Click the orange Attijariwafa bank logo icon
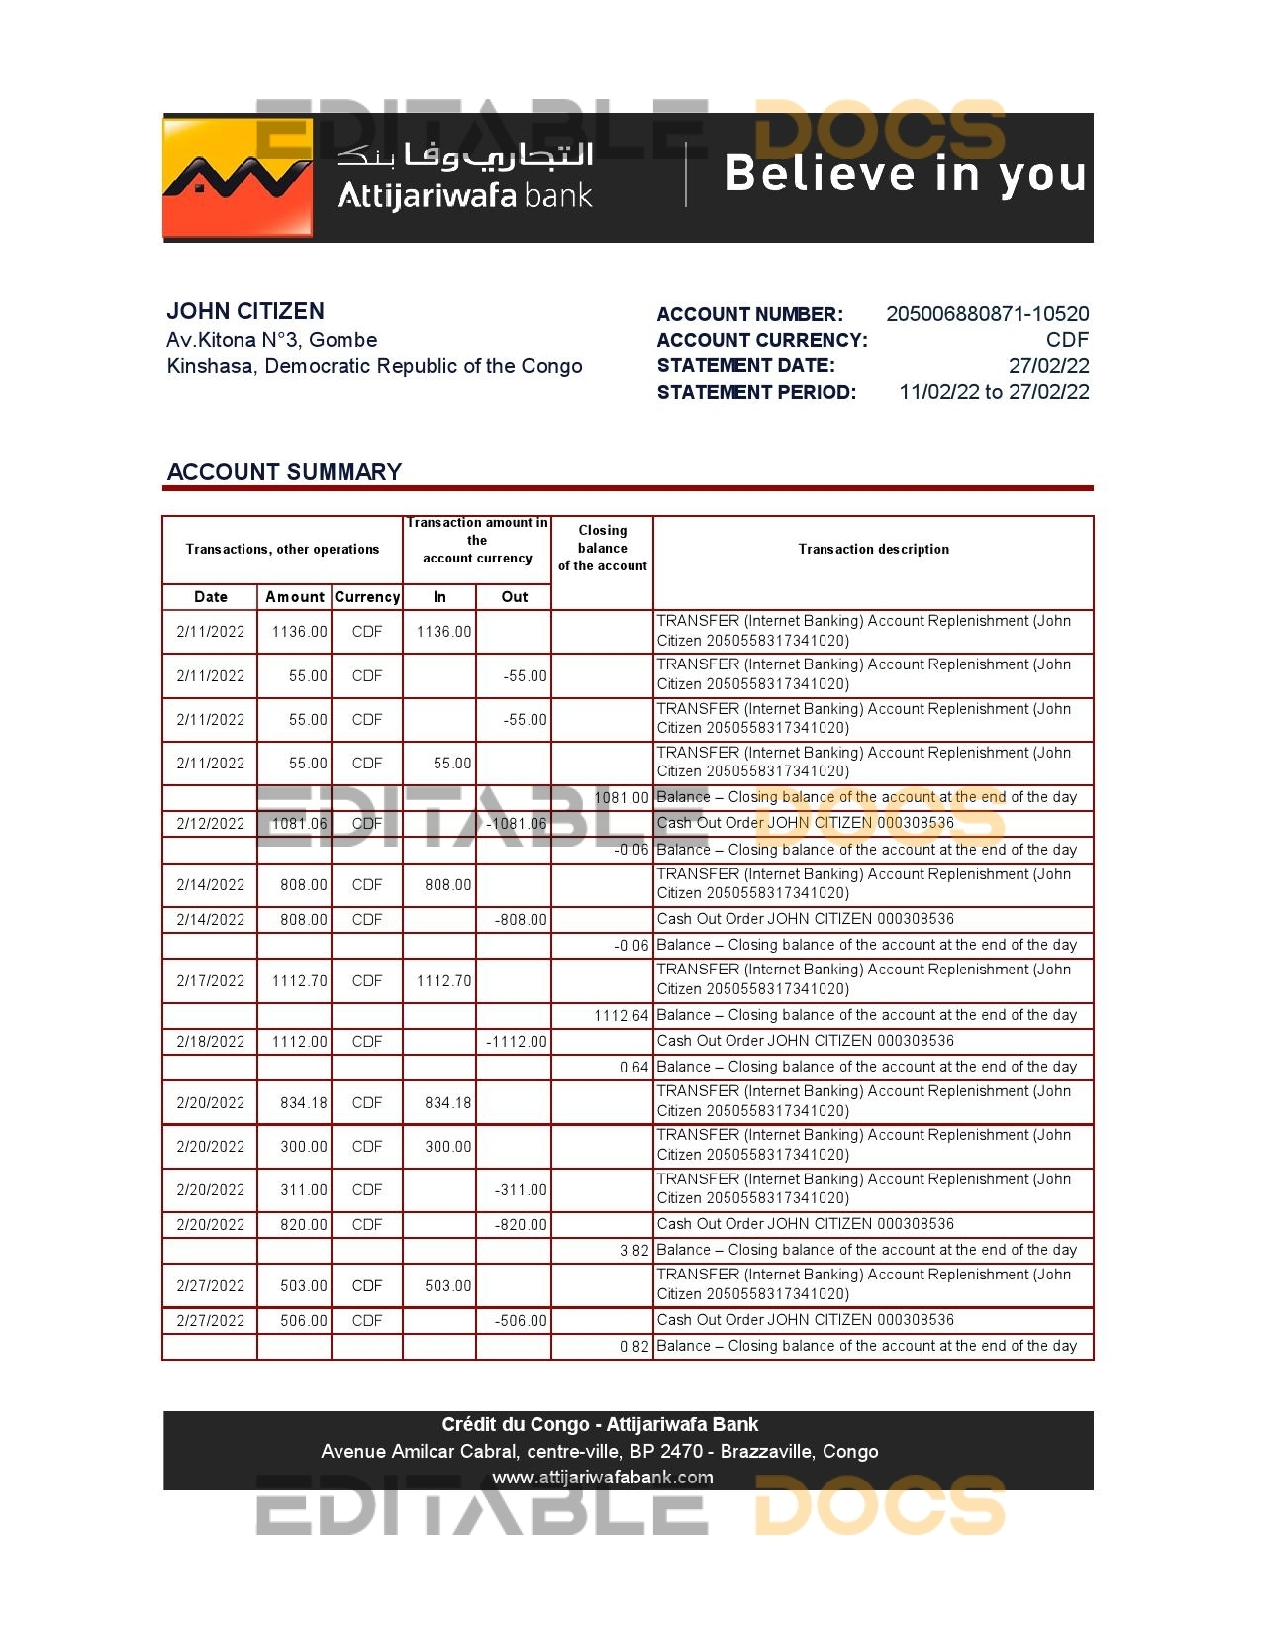click(239, 178)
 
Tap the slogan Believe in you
click(905, 174)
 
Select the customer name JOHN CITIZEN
click(245, 311)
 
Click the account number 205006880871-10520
click(987, 314)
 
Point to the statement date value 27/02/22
click(1048, 365)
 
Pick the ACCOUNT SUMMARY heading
click(284, 472)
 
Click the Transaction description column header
click(873, 549)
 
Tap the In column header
click(439, 597)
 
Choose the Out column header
click(514, 597)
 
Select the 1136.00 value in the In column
click(443, 632)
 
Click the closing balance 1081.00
click(621, 798)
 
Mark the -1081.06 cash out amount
click(517, 824)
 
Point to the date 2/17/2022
click(210, 981)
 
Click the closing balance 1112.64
click(621, 1016)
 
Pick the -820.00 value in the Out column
click(521, 1225)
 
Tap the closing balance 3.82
click(633, 1251)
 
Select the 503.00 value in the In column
click(447, 1286)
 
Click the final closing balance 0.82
click(633, 1347)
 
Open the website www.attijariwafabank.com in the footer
click(602, 1478)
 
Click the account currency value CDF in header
click(1067, 340)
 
